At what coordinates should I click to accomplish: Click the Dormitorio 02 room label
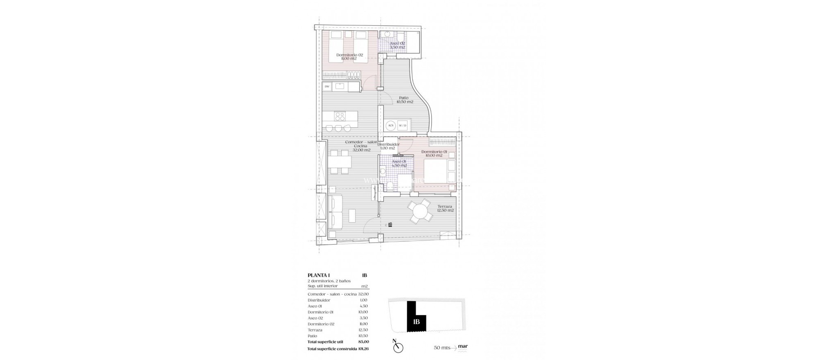click(x=349, y=56)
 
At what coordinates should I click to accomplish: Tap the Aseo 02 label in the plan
click(x=397, y=45)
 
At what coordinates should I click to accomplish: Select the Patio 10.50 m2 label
click(x=404, y=100)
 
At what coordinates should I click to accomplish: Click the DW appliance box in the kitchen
click(x=327, y=86)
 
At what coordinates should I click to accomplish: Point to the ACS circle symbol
click(x=391, y=125)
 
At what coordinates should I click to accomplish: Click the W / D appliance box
click(x=403, y=125)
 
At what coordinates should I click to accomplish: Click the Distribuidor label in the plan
click(x=388, y=146)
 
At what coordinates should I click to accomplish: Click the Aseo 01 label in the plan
click(x=399, y=164)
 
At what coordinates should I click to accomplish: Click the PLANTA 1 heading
click(x=319, y=275)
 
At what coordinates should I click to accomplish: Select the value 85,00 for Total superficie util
click(x=363, y=342)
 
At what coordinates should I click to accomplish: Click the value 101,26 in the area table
click(x=363, y=349)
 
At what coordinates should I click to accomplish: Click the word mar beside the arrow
click(x=463, y=346)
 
